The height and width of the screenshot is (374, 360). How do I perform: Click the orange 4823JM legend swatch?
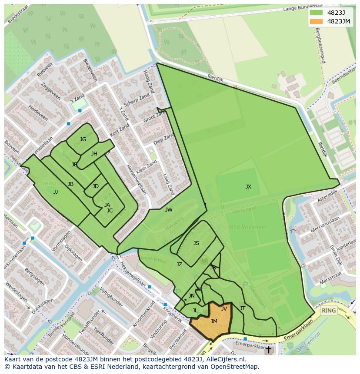(316, 21)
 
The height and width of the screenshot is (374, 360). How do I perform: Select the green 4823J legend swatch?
(316, 12)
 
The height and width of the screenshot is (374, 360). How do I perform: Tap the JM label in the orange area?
(214, 321)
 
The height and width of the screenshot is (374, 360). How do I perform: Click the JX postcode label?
(248, 187)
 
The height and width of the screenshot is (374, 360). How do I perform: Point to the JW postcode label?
(169, 210)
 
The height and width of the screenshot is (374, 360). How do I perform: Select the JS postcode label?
(196, 243)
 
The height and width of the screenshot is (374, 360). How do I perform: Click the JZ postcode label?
(179, 264)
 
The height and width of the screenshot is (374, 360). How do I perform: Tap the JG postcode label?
(83, 139)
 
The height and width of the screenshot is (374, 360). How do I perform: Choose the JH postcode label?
(94, 154)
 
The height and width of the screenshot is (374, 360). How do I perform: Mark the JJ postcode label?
(56, 192)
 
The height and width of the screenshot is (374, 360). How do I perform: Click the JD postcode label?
(96, 186)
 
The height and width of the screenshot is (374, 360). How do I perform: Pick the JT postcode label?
(243, 308)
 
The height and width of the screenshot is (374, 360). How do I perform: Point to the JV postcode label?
(224, 309)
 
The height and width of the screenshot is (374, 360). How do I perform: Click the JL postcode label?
(195, 311)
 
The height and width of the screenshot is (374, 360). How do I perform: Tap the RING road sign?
(329, 311)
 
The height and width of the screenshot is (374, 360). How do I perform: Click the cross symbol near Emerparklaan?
(268, 349)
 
